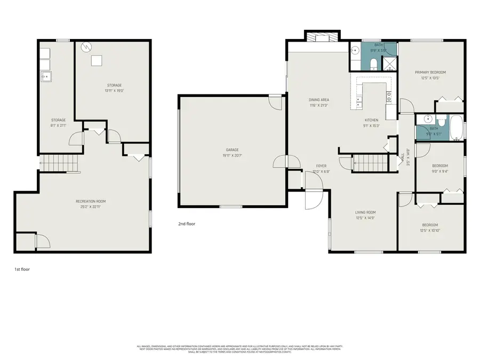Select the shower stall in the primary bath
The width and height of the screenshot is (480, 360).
389,64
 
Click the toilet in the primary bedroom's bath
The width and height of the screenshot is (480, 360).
373,65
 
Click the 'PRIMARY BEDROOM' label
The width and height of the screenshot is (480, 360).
430,72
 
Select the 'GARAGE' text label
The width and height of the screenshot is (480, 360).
231,150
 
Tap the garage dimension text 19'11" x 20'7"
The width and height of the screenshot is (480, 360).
231,155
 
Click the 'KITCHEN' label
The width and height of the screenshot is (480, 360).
371,120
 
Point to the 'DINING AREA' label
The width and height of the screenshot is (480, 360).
318,100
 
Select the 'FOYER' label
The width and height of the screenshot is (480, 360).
321,166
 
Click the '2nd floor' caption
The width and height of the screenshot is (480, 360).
187,224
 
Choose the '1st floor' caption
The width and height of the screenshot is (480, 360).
22,269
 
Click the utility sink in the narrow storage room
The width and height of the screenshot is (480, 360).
46,77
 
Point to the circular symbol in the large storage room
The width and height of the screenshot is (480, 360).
85,47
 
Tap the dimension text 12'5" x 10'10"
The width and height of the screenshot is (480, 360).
430,230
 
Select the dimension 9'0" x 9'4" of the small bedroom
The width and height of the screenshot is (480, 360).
439,171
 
